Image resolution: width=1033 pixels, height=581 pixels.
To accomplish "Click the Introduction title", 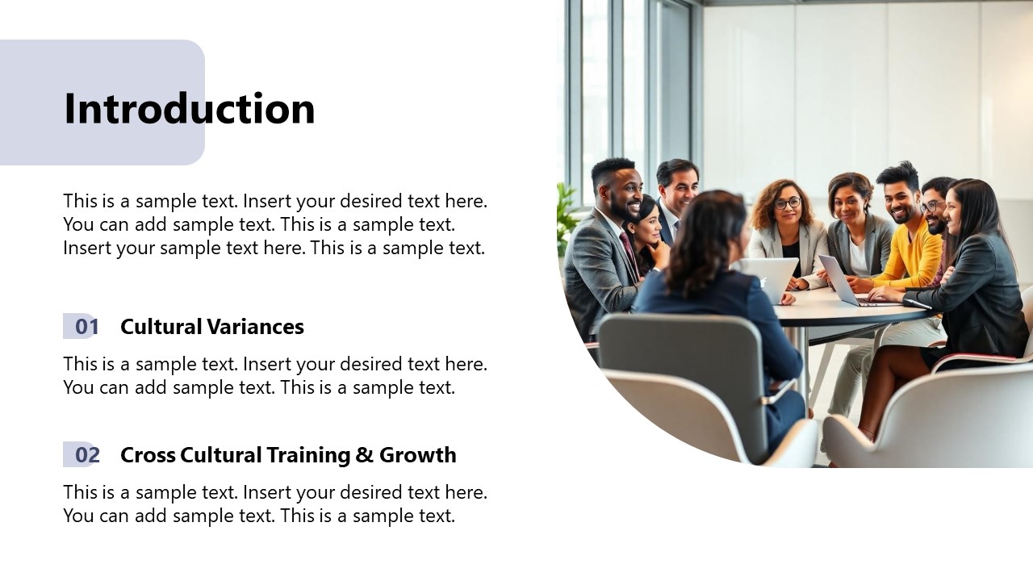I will pos(189,109).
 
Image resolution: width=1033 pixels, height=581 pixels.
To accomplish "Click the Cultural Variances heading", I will pos(211,327).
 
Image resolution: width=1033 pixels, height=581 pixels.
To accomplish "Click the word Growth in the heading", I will pos(417,455).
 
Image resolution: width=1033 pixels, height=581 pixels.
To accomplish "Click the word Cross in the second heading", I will pos(148,455).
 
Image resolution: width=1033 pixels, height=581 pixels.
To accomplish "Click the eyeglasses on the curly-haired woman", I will pos(787,203).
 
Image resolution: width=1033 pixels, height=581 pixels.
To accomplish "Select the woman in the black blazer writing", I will pos(977,274).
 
